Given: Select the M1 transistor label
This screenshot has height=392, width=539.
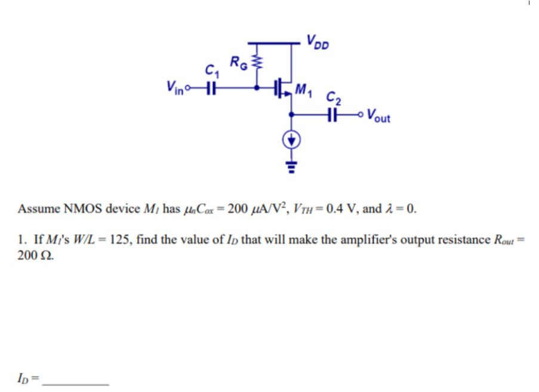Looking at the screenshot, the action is [x=304, y=91].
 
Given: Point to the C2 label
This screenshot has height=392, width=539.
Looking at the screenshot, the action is [x=332, y=97].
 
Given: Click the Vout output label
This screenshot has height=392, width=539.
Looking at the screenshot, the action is [x=378, y=115].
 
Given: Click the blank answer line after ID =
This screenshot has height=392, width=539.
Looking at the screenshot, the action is [x=77, y=381].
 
